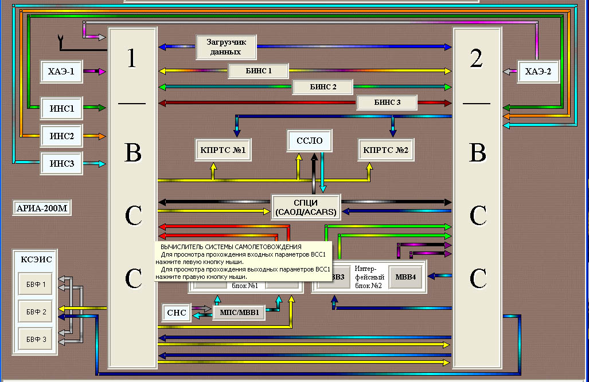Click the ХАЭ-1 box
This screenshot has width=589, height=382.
[x=61, y=71]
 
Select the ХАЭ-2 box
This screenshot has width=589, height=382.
[x=539, y=71]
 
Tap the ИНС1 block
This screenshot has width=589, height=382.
[x=61, y=108]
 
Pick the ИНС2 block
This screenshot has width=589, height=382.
[x=61, y=136]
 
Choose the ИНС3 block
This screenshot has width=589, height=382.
[x=61, y=163]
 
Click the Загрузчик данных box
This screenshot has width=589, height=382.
[x=226, y=47]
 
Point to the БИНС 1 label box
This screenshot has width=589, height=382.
[x=259, y=70]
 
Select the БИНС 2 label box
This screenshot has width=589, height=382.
[x=323, y=86]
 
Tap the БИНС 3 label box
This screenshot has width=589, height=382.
[x=387, y=103]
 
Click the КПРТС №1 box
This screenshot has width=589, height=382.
[x=223, y=150]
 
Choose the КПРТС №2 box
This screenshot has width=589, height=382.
[x=386, y=150]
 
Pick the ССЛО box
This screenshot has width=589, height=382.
[x=310, y=141]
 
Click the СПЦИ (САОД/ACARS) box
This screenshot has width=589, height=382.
[x=306, y=207]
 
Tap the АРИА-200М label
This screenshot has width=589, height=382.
[x=42, y=208]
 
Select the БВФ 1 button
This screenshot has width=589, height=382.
[x=36, y=284]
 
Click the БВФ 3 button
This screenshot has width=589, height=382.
[x=36, y=339]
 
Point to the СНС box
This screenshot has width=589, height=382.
[x=177, y=313]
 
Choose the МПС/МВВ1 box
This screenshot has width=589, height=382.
[x=239, y=313]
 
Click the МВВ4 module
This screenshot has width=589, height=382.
[x=405, y=277]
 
